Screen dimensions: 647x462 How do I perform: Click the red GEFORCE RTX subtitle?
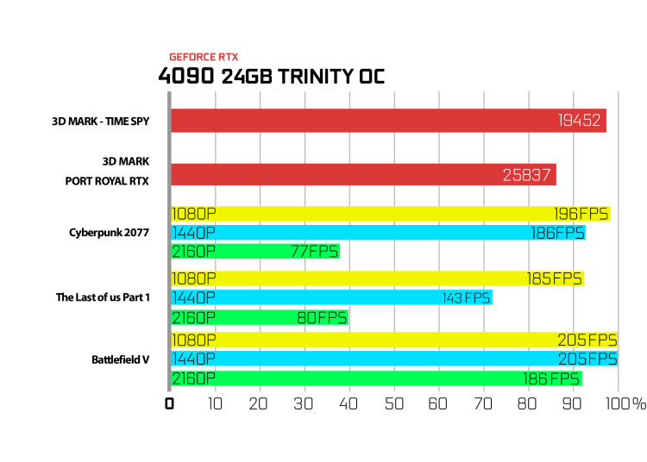204,57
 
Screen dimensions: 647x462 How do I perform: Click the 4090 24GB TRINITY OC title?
272,76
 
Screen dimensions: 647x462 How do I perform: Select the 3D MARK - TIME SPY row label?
101,122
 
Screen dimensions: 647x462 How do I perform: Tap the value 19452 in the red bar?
580,121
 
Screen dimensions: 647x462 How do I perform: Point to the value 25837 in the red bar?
526,175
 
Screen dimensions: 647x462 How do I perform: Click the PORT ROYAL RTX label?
107,181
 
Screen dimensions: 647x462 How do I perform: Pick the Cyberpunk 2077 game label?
109,233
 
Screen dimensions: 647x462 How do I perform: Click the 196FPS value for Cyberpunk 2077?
581,214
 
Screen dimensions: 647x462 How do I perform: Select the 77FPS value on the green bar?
314,252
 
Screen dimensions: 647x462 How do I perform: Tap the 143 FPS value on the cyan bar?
466,298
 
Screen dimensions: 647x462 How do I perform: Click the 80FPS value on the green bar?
322,318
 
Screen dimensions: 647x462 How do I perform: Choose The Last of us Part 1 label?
103,297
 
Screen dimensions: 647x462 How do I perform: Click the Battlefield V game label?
120,359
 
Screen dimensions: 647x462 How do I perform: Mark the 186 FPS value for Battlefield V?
551,378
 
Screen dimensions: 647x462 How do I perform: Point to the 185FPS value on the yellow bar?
554,279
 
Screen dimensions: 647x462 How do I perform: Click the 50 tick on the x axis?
394,404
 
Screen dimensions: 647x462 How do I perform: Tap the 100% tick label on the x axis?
625,404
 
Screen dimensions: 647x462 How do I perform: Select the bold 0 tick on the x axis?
169,404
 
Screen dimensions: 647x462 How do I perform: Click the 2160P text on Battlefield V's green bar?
193,378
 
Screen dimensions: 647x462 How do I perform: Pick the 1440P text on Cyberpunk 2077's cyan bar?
193,234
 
